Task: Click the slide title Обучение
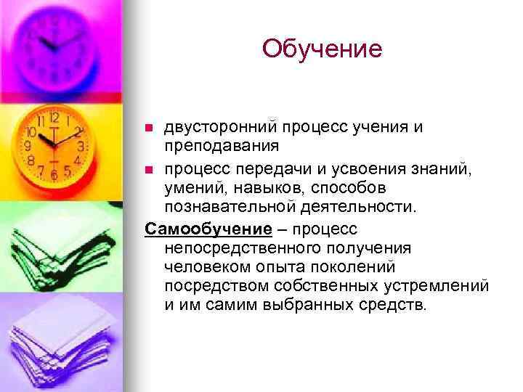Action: tap(322, 49)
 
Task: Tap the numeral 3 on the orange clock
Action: tap(80, 146)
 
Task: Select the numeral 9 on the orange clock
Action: tap(28, 145)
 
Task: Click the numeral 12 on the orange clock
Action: tap(52, 115)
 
